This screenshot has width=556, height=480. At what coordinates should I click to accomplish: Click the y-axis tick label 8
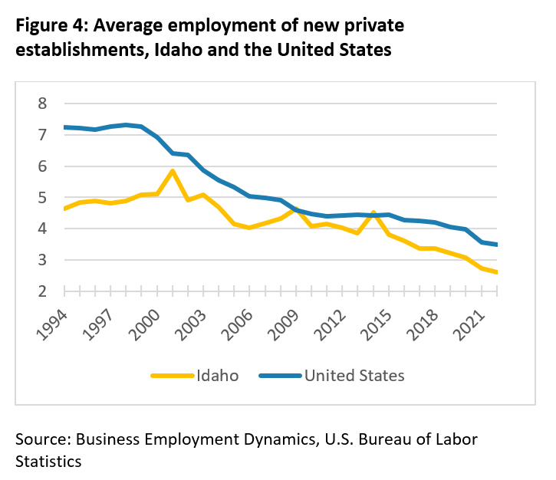tap(42, 104)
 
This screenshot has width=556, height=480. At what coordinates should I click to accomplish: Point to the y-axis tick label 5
tap(42, 198)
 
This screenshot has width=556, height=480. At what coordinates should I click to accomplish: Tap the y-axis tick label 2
tap(42, 291)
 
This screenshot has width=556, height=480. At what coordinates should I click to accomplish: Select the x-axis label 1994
tap(52, 325)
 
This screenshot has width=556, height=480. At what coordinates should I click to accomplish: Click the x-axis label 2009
tap(284, 325)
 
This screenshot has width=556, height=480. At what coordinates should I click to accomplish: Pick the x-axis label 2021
tap(469, 325)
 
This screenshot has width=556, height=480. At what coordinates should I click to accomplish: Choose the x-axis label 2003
tap(191, 325)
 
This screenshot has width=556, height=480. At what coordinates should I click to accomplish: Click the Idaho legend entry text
tap(217, 376)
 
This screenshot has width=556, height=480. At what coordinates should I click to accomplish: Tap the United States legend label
tap(354, 376)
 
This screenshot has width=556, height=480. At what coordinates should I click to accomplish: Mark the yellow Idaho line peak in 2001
tap(173, 171)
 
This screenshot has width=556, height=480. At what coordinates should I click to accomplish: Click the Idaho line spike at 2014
tap(373, 213)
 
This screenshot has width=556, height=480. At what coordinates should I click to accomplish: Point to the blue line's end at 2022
tap(496, 245)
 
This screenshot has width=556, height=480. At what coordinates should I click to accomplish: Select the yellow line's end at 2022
tap(496, 272)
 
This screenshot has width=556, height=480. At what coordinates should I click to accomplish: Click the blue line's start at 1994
tap(65, 127)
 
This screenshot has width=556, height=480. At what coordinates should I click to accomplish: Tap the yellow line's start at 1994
tap(65, 209)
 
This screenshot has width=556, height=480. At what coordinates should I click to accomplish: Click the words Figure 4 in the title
tap(52, 25)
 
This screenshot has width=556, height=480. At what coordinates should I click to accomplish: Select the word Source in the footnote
tap(43, 439)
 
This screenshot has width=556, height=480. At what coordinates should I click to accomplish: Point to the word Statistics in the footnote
tap(48, 462)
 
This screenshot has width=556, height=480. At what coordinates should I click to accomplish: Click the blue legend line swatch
tap(280, 376)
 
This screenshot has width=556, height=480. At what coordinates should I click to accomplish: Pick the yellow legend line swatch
tap(173, 376)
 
